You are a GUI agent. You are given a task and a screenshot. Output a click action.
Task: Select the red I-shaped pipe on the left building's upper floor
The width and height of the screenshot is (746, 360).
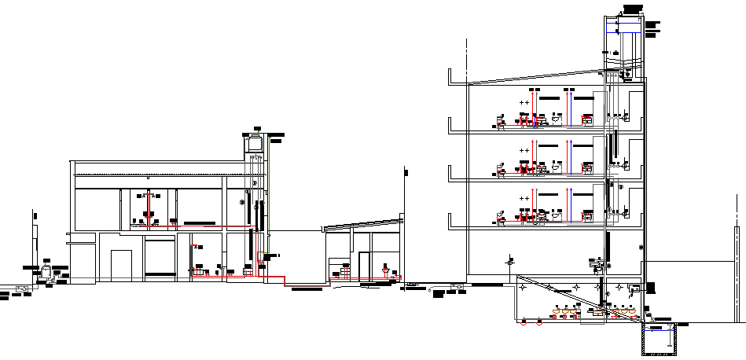[149, 206]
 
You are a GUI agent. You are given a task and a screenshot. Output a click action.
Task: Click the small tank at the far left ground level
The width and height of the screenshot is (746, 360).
[48, 272]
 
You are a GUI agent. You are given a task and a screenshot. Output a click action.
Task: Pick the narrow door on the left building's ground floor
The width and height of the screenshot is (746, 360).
[121, 264]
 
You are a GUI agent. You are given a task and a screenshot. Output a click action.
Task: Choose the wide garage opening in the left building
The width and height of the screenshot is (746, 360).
[160, 258]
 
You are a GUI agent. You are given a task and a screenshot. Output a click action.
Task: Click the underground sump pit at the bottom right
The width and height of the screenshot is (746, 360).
[660, 339]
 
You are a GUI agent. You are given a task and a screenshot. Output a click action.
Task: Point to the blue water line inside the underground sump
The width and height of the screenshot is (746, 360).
[660, 331]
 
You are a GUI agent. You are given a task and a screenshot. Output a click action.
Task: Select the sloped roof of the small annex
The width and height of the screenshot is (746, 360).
[363, 225]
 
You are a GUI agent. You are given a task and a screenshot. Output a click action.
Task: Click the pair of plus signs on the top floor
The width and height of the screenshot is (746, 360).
[526, 102]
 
